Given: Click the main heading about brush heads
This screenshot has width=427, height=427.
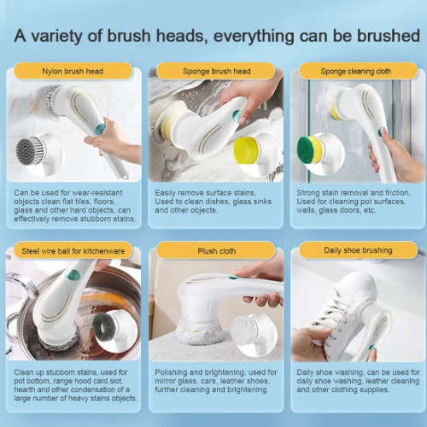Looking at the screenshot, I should pyautogui.click(x=213, y=37).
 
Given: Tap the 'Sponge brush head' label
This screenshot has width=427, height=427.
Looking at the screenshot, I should pyautogui.click(x=216, y=71).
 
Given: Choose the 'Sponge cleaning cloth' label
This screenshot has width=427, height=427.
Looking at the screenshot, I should pyautogui.click(x=357, y=71).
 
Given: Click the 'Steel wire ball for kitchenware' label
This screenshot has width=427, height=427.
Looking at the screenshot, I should pyautogui.click(x=73, y=250).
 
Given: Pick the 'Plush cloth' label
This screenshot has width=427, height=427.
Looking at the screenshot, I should pyautogui.click(x=216, y=250).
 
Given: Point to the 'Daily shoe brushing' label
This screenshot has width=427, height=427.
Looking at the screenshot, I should pyautogui.click(x=357, y=250).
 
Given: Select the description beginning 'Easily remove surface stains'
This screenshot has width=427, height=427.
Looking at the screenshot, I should pyautogui.click(x=213, y=202).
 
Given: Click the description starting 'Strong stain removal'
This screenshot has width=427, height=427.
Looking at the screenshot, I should pyautogui.click(x=357, y=202).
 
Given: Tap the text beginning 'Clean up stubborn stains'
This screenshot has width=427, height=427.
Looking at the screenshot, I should pyautogui.click(x=73, y=386).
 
